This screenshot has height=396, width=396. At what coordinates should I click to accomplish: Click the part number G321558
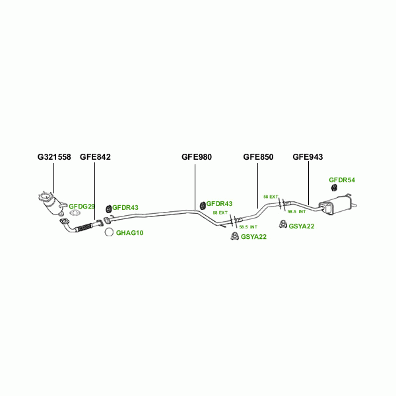tap(54, 157)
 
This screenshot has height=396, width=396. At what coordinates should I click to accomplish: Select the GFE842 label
tap(95, 157)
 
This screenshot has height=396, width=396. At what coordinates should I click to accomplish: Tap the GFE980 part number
tap(197, 157)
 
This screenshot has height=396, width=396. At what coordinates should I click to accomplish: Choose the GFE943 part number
tap(308, 157)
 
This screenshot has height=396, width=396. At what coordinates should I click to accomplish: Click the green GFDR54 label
tap(342, 180)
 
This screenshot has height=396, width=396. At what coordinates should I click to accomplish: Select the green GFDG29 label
tap(82, 206)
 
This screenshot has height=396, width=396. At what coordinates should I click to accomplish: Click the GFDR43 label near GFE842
tap(125, 207)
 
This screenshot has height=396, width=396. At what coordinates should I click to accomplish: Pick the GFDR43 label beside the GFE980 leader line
tap(220, 204)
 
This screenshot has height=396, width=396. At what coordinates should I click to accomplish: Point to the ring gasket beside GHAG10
tap(108, 232)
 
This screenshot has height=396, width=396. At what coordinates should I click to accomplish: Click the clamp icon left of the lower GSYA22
tap(234, 236)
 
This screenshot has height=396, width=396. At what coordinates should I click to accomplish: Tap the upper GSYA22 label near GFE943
tap(301, 226)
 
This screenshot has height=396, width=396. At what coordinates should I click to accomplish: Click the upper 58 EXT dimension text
tap(271, 197)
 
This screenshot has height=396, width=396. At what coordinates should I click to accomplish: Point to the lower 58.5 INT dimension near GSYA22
tap(248, 227)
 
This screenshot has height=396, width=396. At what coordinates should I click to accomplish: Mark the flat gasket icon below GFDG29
tap(75, 213)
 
